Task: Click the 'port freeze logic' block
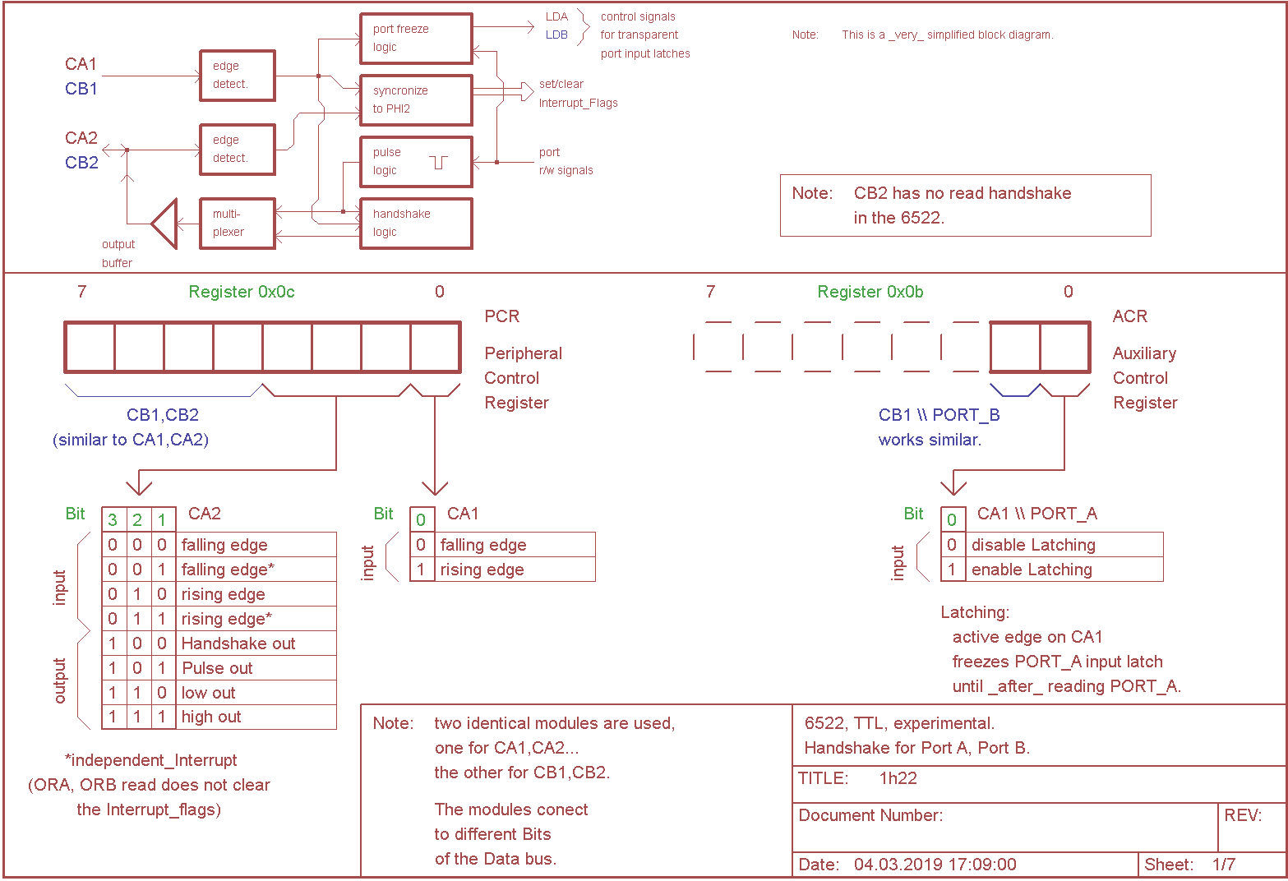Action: (x=416, y=38)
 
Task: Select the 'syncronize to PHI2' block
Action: (x=416, y=99)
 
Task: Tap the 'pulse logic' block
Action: (x=416, y=161)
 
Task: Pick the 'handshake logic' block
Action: (x=416, y=223)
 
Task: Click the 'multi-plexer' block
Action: (x=238, y=223)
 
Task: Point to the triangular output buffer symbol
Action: (x=166, y=223)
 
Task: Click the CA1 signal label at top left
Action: (x=81, y=64)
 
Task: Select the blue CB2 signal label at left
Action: (x=81, y=163)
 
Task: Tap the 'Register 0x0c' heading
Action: (x=242, y=292)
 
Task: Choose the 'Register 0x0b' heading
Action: (x=870, y=292)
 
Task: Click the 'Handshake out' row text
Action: (x=238, y=643)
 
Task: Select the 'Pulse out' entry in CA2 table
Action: (x=218, y=668)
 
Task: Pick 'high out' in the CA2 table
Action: (x=211, y=717)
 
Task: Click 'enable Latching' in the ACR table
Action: (x=1032, y=570)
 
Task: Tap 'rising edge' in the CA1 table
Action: (x=482, y=570)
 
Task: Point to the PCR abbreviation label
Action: (x=502, y=316)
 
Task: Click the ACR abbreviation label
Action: (x=1130, y=316)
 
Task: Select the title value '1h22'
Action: (x=898, y=778)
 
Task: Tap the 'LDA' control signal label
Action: (x=556, y=16)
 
